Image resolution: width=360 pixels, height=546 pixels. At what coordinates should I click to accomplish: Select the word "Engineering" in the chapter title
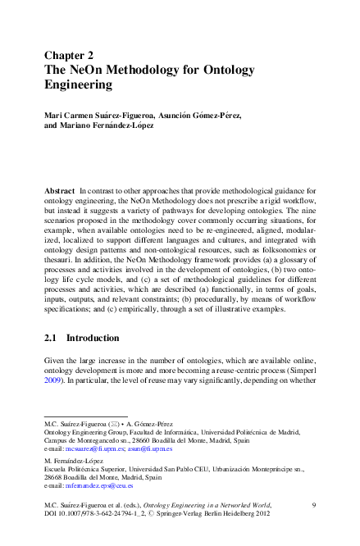(78, 84)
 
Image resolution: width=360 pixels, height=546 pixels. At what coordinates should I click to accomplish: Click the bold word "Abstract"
(59, 191)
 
